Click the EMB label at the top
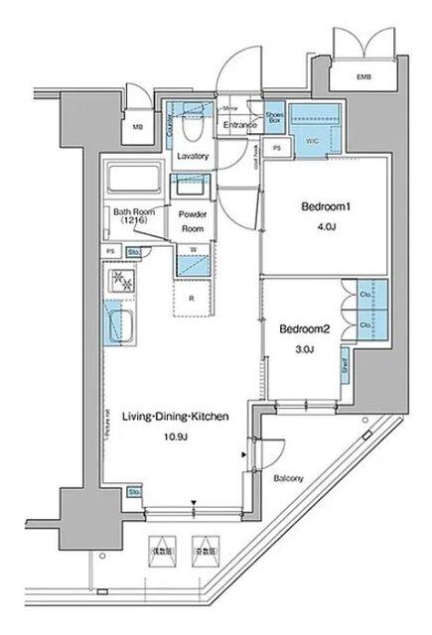coord(355,76)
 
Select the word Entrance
coord(238,125)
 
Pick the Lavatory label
coord(191,157)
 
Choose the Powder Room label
coord(191,219)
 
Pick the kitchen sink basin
coord(123,325)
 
